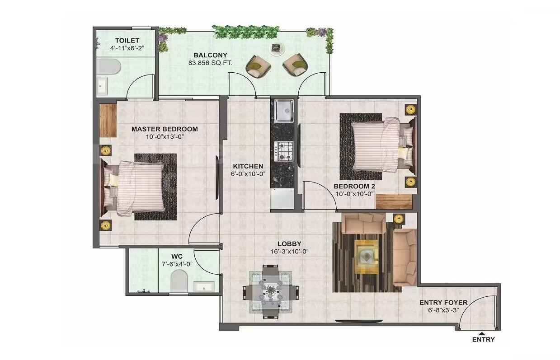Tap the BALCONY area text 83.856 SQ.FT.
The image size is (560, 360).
point(210,63)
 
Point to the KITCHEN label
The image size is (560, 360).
point(248,166)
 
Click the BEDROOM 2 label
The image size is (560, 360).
point(354,186)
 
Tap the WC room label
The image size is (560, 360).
point(177,256)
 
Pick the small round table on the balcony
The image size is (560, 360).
point(276,48)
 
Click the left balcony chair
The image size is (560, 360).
point(258,66)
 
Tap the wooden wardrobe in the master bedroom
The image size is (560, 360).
point(108,120)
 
